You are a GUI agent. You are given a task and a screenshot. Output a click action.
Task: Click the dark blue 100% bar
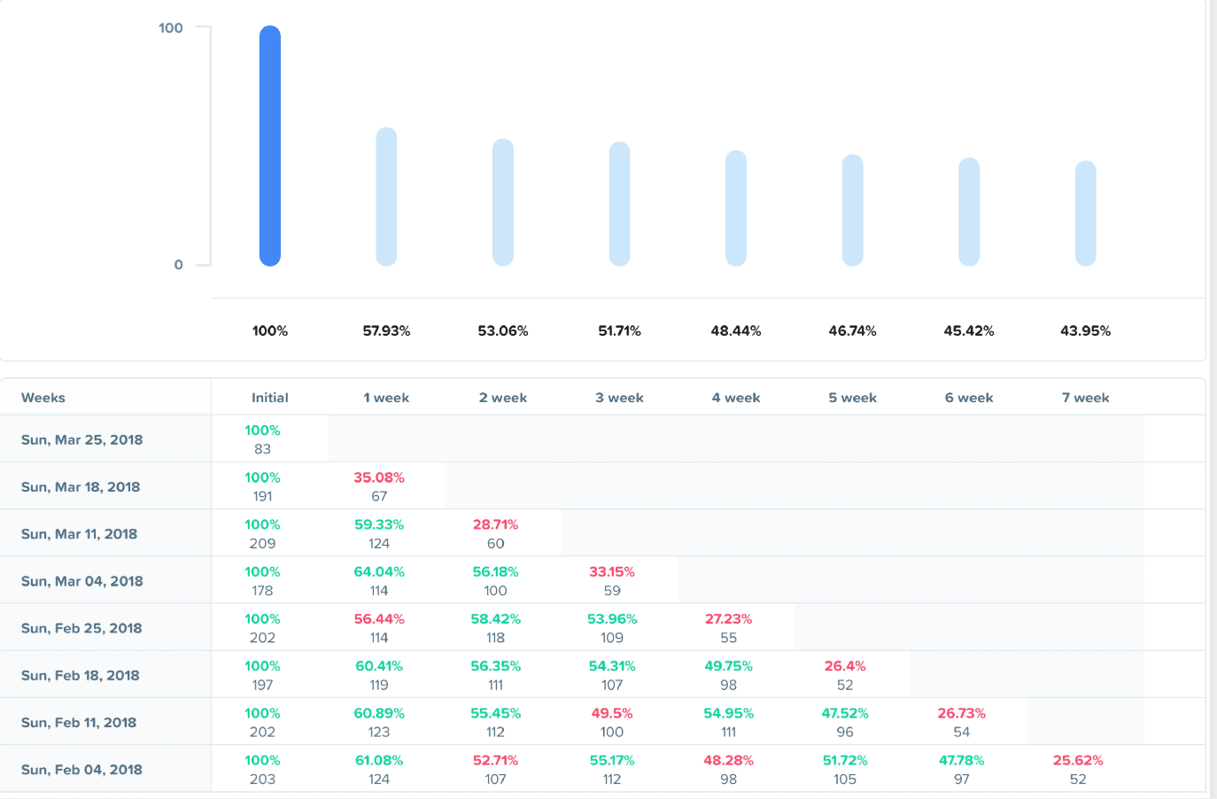(270, 146)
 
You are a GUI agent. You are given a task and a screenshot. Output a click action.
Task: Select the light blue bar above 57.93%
(386, 197)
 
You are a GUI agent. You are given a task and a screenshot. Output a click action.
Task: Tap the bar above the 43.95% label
(1085, 213)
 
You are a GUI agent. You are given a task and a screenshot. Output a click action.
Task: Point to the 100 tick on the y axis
(171, 28)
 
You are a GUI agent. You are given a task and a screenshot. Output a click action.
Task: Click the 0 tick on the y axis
(178, 265)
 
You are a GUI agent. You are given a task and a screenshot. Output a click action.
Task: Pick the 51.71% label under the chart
(619, 331)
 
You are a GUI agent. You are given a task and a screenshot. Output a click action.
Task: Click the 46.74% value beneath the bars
(852, 331)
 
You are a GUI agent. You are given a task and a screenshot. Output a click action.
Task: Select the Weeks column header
(43, 398)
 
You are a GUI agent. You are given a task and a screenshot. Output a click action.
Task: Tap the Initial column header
(270, 398)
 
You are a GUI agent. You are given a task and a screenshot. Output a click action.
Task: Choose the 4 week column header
(736, 398)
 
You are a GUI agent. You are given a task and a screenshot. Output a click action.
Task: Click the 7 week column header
(1085, 398)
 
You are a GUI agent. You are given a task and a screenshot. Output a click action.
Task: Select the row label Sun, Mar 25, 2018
(81, 440)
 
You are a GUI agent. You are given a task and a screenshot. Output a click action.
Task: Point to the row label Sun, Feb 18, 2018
(81, 676)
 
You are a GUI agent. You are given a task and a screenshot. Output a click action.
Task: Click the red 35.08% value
(379, 477)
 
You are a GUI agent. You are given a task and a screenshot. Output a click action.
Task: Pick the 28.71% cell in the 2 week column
(495, 525)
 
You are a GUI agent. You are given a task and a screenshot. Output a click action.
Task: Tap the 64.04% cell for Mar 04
(379, 572)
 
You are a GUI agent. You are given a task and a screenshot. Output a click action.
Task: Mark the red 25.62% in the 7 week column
(1078, 761)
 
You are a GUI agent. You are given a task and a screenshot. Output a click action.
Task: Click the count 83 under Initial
(262, 449)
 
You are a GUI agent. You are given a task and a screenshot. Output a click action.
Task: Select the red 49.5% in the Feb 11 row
(612, 714)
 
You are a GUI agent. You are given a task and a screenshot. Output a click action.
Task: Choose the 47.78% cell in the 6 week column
(961, 761)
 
